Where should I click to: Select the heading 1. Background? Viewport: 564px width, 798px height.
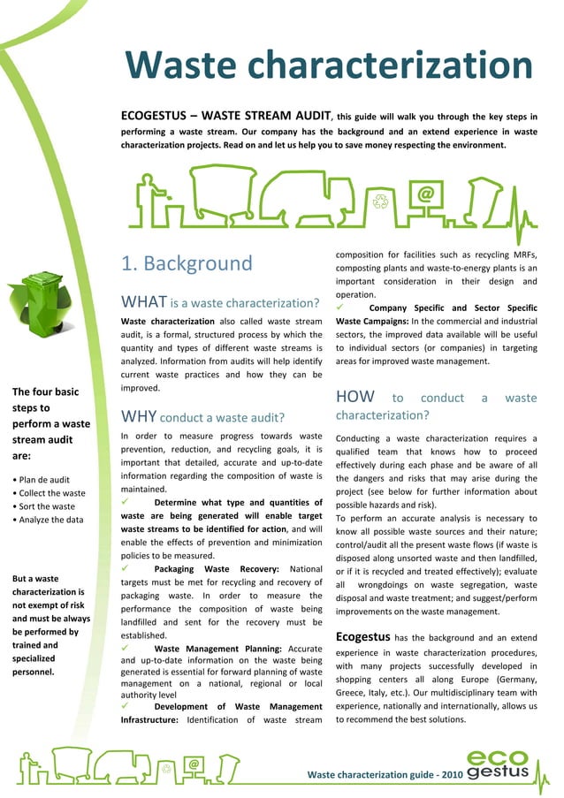click(x=187, y=263)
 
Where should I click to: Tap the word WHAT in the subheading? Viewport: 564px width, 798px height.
click(x=143, y=304)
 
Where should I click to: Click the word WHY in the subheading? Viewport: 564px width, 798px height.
click(x=139, y=415)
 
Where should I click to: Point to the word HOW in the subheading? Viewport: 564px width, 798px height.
click(x=355, y=398)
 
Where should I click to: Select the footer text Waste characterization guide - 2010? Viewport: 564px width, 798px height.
click(x=383, y=775)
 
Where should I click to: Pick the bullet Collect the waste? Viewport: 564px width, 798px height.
click(x=49, y=493)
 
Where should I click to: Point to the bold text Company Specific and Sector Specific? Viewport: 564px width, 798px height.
click(x=453, y=308)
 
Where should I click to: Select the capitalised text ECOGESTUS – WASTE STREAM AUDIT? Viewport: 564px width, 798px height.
click(x=225, y=115)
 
